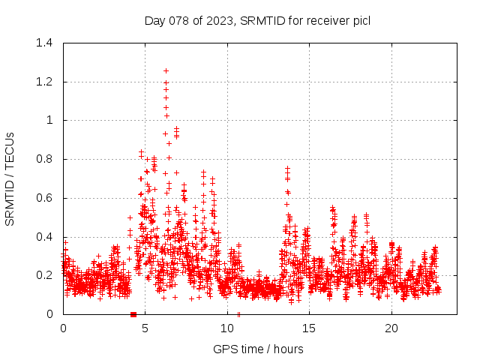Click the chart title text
click(257, 20)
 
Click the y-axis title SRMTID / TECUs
click(10, 178)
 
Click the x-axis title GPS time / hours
click(258, 349)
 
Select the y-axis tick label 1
click(49, 120)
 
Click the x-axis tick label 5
click(145, 328)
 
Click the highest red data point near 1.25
click(166, 70)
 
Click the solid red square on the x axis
click(133, 314)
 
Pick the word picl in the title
click(359, 20)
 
